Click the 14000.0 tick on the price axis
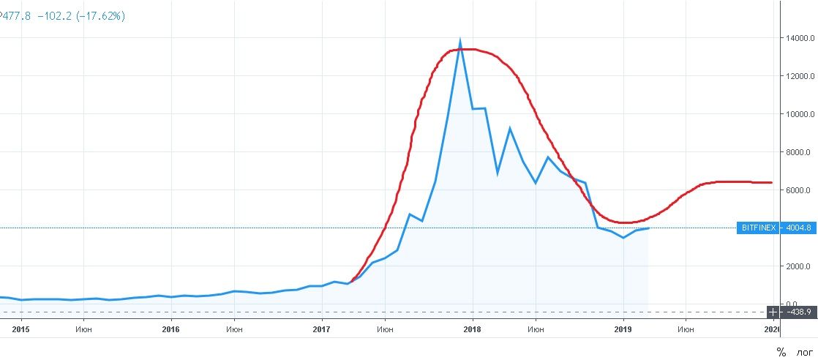point(797,38)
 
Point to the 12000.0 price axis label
point(797,76)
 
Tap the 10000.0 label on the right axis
point(797,114)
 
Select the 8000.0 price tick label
point(799,152)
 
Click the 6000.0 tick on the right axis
point(799,190)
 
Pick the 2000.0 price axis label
point(799,266)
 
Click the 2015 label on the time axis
point(21,330)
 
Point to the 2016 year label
point(171,330)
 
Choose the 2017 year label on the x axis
point(322,330)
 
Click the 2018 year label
point(473,330)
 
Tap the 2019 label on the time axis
point(623,330)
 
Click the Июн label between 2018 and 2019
point(536,330)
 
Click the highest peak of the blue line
point(459,39)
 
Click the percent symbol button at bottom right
point(781,352)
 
